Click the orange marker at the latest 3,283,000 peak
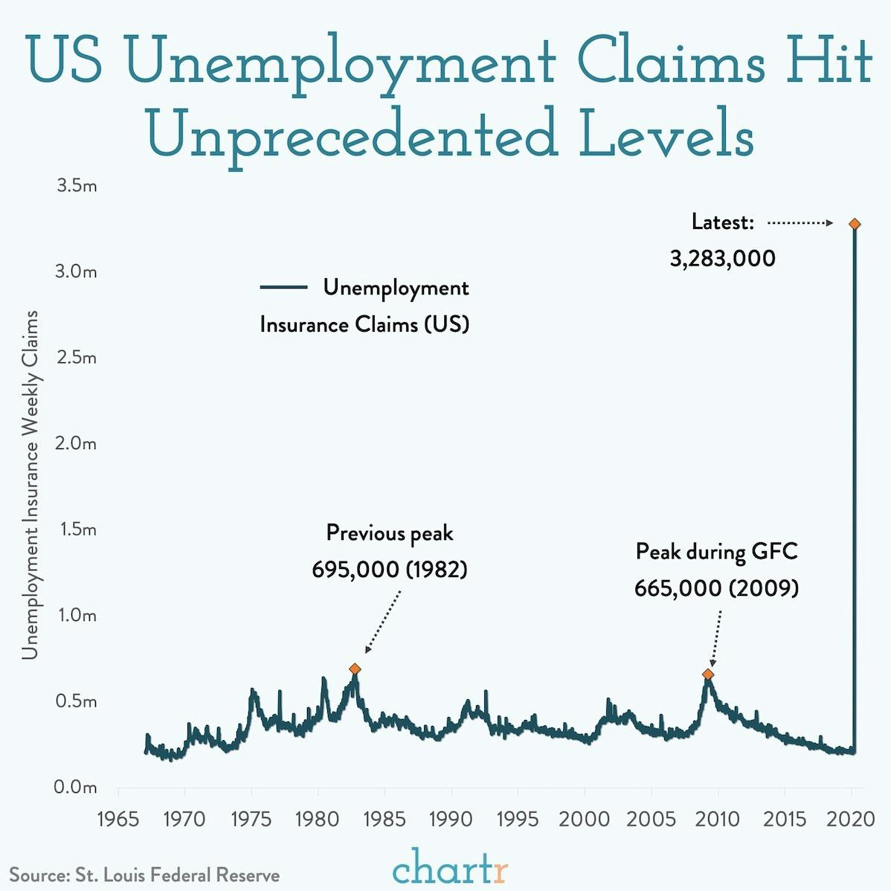tap(855, 224)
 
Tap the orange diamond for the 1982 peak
tap(355, 669)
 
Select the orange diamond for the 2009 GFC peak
tap(708, 674)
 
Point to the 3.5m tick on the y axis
tap(77, 185)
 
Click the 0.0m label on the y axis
tap(76, 787)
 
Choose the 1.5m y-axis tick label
tap(76, 530)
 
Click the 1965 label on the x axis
tap(118, 819)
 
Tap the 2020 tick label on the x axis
tap(851, 819)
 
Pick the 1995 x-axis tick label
tap(518, 819)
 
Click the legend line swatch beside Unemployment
tap(283, 287)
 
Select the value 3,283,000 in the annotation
tap(722, 259)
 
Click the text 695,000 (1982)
tap(389, 570)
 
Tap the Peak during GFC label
tap(716, 552)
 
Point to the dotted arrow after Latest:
tap(800, 222)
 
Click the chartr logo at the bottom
tap(450, 868)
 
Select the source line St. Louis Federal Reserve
tap(144, 875)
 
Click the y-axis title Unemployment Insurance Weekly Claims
tap(30, 485)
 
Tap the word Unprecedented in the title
tap(353, 134)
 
